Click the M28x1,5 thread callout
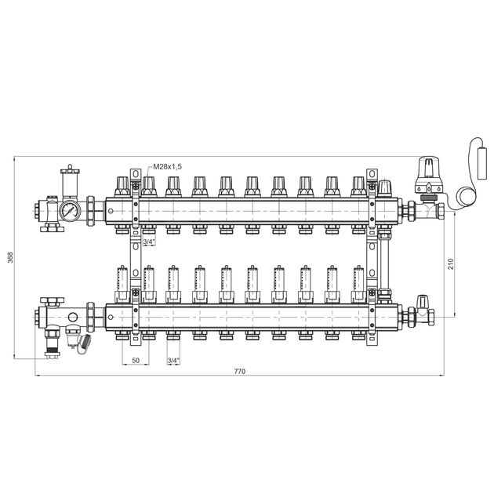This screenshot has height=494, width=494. [167, 167]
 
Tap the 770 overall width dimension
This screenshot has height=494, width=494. [239, 371]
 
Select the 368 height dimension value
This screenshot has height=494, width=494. [10, 257]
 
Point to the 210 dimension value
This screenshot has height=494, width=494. [451, 263]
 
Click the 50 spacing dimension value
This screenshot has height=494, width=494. [136, 360]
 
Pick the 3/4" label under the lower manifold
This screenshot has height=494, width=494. [173, 360]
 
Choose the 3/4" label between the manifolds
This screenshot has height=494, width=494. [149, 242]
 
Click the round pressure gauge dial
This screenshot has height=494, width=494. [70, 211]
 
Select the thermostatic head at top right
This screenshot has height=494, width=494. [428, 175]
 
